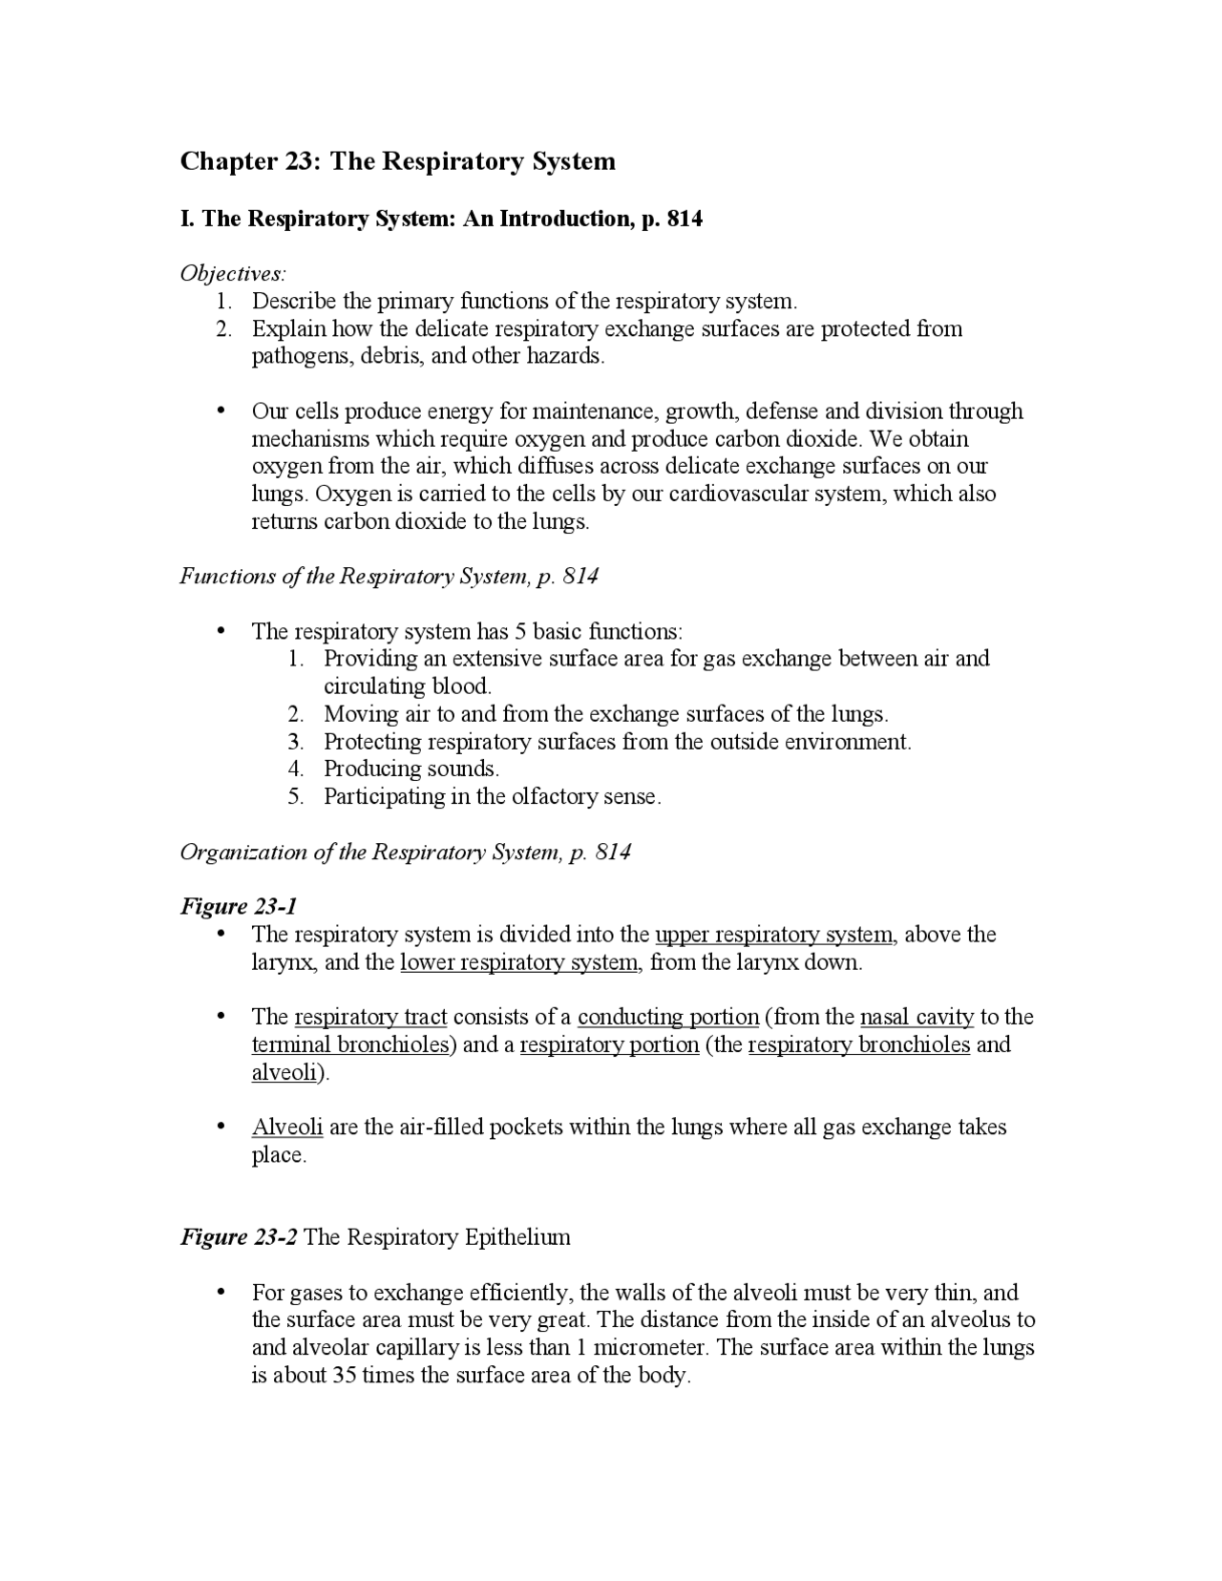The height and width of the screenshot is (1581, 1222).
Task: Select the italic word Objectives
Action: [x=232, y=274]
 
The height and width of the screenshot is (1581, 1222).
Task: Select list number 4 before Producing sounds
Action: [x=296, y=769]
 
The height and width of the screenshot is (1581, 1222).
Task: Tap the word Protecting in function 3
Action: [x=372, y=742]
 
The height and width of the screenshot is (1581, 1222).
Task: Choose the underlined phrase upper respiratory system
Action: [x=774, y=935]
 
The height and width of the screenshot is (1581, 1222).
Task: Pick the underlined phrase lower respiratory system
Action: [x=519, y=962]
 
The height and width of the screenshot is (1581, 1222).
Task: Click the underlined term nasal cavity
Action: [x=916, y=1018]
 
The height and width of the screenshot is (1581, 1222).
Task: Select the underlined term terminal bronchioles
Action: [x=350, y=1045]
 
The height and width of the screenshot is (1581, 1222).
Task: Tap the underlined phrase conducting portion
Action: [x=667, y=1018]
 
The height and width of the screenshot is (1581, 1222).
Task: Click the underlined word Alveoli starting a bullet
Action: [x=287, y=1128]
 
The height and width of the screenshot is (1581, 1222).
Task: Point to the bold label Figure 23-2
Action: [x=239, y=1238]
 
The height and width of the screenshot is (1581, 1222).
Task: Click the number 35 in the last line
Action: [x=344, y=1376]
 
